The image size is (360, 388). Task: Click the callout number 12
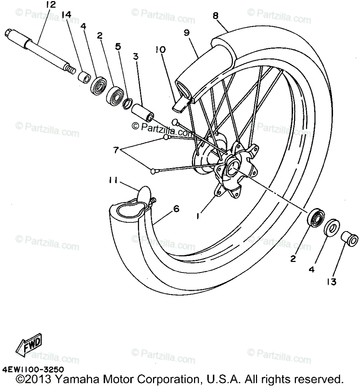click(51, 5)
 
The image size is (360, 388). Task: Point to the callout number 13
click(331, 282)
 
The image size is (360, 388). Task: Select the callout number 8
click(215, 16)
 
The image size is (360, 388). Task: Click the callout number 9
click(186, 33)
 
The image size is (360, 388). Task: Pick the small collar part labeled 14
click(84, 77)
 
